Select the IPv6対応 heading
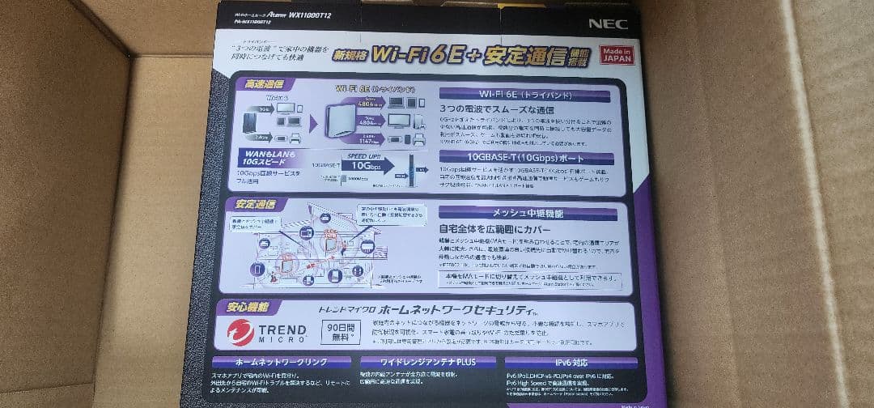point(571,363)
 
